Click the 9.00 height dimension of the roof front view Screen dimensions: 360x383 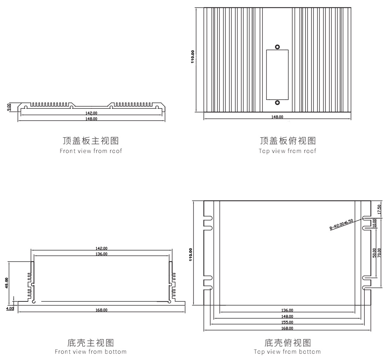pyautogui.click(x=9, y=107)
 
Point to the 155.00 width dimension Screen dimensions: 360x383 pyautogui.click(x=287, y=322)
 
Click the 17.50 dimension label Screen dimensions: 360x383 pyautogui.click(x=379, y=209)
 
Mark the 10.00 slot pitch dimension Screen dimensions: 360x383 pyautogui.click(x=374, y=222)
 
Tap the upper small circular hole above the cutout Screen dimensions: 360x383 pyautogui.click(x=277, y=47)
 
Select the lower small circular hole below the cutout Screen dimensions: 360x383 pyautogui.click(x=277, y=102)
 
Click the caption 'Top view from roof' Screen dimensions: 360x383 pyautogui.click(x=287, y=151)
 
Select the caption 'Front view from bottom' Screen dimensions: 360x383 pyautogui.click(x=90, y=352)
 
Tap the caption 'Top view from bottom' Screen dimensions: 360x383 pyautogui.click(x=287, y=352)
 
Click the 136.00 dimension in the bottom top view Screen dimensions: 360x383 pyautogui.click(x=287, y=310)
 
